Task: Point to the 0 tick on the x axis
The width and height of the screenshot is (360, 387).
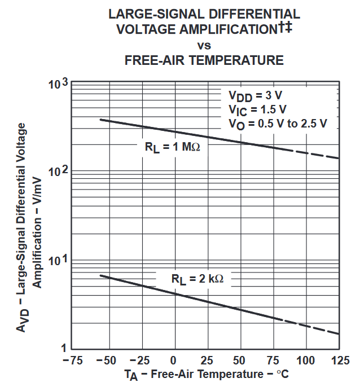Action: pyautogui.click(x=174, y=360)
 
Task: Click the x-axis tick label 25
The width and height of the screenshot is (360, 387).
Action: pyautogui.click(x=207, y=360)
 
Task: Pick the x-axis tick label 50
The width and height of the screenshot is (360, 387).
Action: pyautogui.click(x=240, y=360)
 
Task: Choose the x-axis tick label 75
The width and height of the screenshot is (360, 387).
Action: pyautogui.click(x=274, y=360)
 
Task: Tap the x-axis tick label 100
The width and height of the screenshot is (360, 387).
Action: pyautogui.click(x=306, y=360)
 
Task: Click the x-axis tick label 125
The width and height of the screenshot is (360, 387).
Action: pyautogui.click(x=339, y=360)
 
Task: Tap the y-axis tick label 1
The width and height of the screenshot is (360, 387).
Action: pyautogui.click(x=64, y=348)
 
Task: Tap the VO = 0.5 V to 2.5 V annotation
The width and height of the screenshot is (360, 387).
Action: pyautogui.click(x=278, y=124)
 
